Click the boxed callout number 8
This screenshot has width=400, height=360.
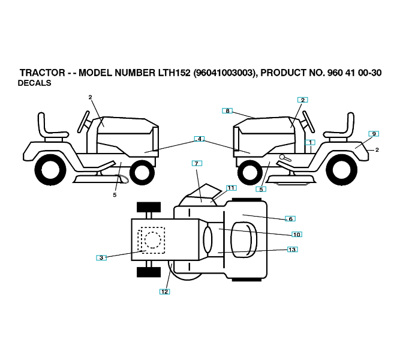[227, 110]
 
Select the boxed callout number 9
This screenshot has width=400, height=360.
[373, 134]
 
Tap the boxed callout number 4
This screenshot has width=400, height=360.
[199, 139]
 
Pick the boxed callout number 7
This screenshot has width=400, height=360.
[197, 163]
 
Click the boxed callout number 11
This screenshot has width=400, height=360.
[231, 188]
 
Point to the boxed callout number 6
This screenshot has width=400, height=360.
[290, 219]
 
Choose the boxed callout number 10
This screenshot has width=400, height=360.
[296, 235]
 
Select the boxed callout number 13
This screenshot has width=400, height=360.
[292, 250]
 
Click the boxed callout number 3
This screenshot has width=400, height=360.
[101, 257]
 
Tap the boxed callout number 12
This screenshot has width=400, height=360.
[164, 292]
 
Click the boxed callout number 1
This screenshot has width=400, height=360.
[309, 142]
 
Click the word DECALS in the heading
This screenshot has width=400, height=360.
[34, 83]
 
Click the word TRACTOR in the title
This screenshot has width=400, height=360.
[42, 73]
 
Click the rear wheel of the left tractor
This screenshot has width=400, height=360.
[50, 170]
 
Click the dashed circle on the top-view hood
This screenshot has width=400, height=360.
[152, 240]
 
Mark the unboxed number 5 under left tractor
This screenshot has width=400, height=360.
[115, 195]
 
